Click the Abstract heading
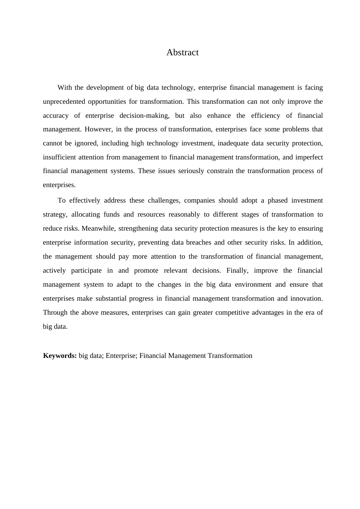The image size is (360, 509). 182,52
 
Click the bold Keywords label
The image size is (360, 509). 60,356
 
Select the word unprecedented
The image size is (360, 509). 64,101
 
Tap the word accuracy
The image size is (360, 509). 56,116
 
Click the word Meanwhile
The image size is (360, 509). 98,228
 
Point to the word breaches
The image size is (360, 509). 199,242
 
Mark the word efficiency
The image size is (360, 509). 266,116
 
